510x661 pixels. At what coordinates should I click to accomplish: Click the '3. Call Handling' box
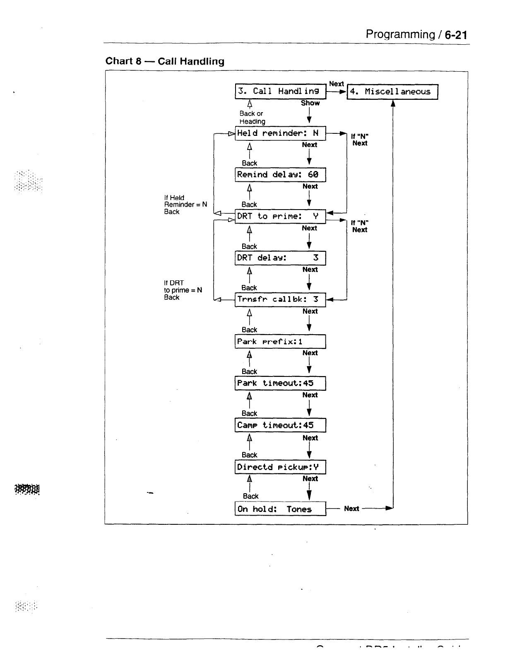click(280, 92)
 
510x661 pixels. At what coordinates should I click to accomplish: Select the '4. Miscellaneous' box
click(392, 92)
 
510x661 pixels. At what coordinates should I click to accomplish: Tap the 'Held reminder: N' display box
click(280, 133)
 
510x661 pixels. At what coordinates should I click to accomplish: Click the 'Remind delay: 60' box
click(280, 175)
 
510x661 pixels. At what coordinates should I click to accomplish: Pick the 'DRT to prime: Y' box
click(280, 216)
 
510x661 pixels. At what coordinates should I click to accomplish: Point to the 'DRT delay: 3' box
click(280, 258)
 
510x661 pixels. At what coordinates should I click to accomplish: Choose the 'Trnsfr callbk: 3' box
click(280, 299)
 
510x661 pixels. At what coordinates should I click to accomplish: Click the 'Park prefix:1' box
click(280, 342)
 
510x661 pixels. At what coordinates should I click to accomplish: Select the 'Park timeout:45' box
click(280, 383)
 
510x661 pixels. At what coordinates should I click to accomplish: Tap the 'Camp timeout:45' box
click(280, 425)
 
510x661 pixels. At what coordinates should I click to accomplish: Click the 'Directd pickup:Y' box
click(280, 467)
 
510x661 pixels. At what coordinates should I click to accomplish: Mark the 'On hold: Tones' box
click(280, 509)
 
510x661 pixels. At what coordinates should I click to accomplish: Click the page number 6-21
click(456, 35)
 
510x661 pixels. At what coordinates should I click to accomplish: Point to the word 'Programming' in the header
click(400, 34)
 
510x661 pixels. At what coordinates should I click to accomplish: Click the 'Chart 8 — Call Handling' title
click(165, 61)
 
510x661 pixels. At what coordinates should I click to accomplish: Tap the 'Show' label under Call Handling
click(310, 103)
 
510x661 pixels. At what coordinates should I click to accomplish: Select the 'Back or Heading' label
click(252, 117)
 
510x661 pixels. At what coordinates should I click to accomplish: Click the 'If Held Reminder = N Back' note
click(185, 205)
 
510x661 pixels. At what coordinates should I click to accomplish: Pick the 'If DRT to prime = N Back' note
click(183, 290)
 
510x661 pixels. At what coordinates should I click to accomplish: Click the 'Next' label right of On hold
click(351, 509)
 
